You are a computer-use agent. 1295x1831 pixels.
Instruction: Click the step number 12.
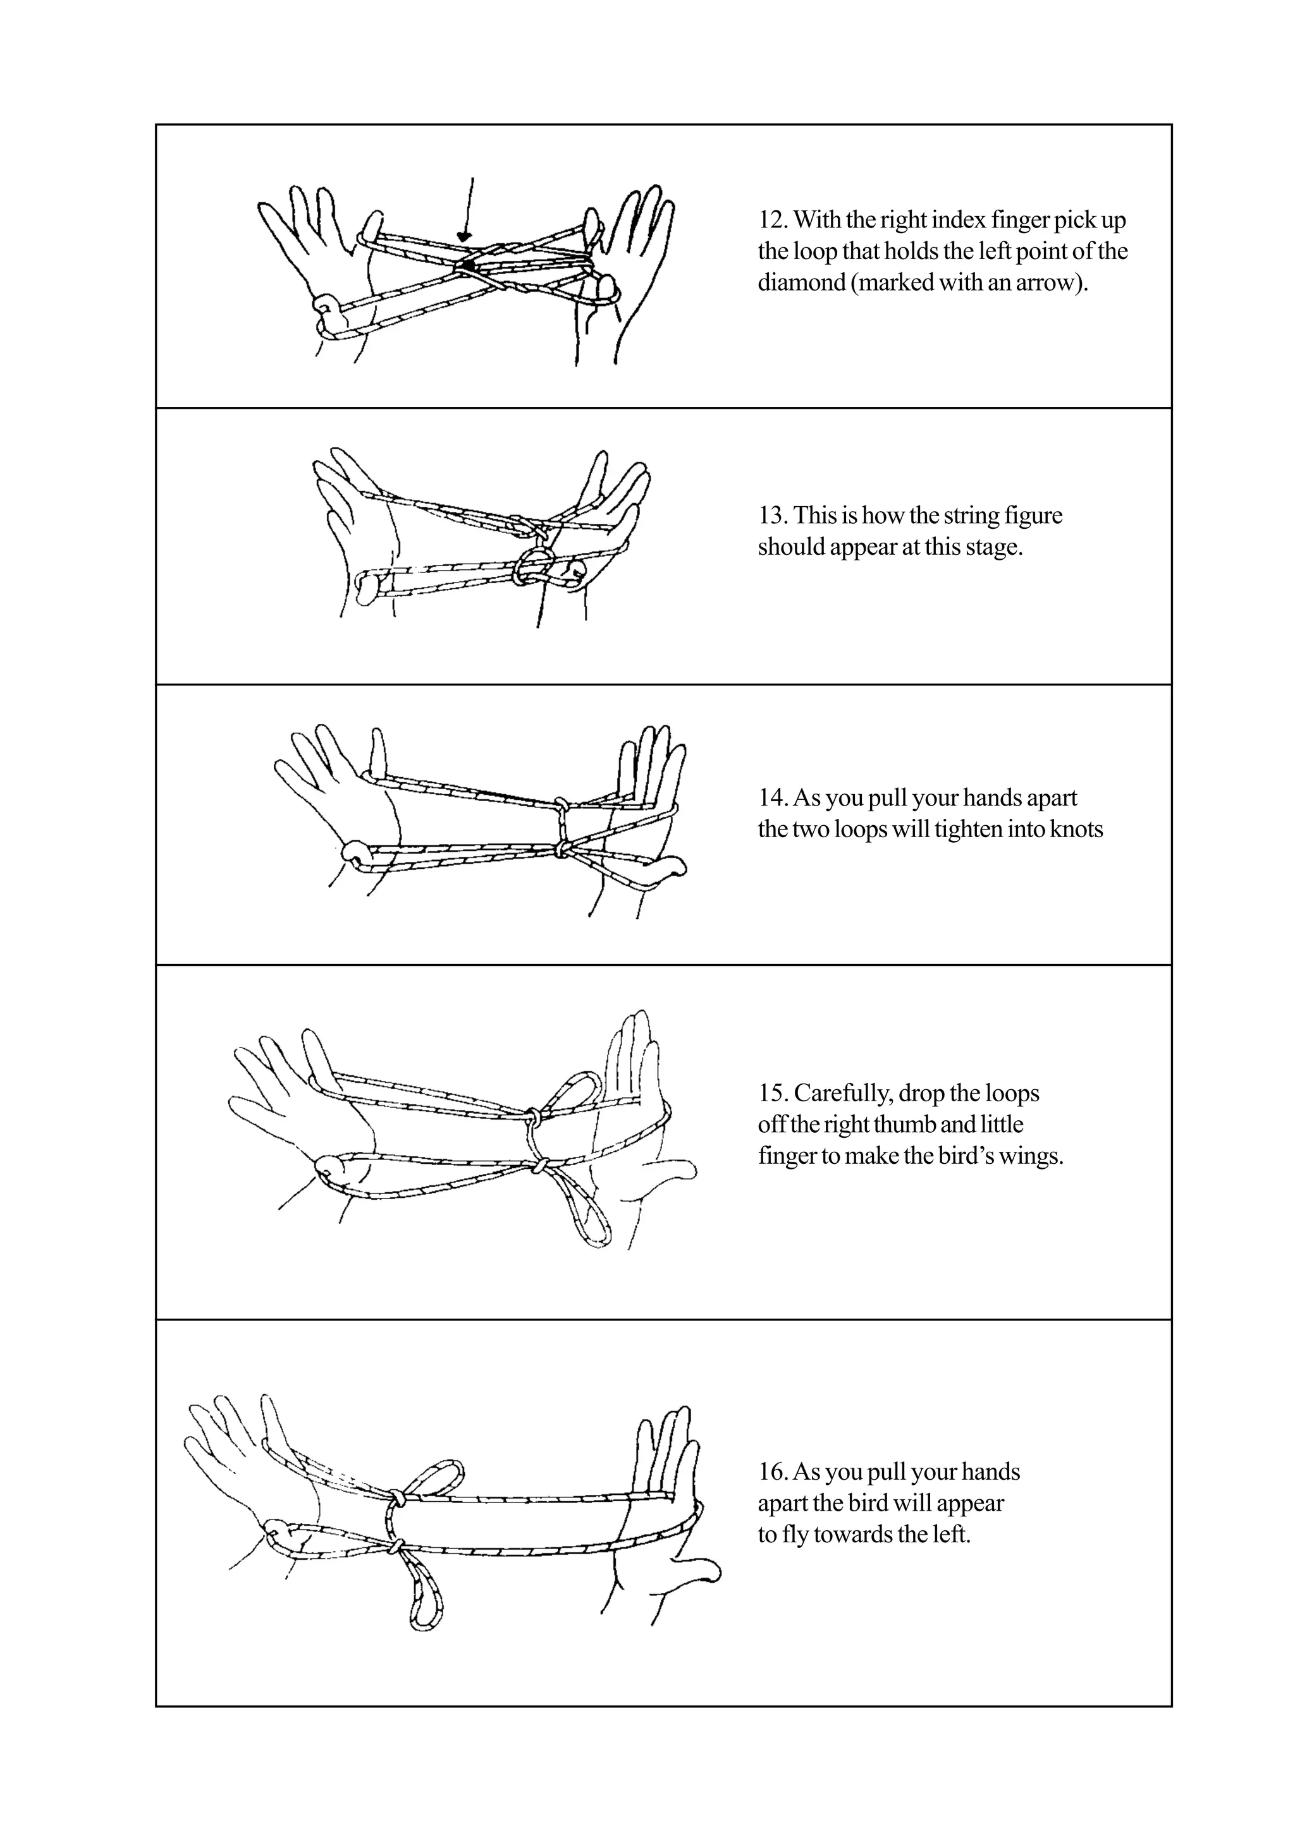(x=771, y=219)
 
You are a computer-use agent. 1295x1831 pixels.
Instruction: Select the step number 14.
(x=771, y=797)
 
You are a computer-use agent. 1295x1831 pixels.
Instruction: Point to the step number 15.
(x=771, y=1092)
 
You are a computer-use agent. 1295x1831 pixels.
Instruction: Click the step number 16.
(x=771, y=1471)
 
